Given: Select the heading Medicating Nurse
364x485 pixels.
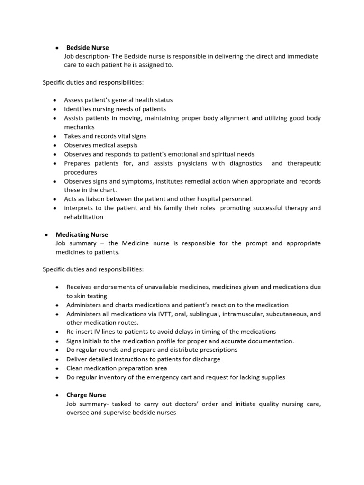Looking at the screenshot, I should [82, 234].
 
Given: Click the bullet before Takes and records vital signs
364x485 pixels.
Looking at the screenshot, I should [55, 136].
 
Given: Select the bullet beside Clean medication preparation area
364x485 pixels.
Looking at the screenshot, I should [57, 368].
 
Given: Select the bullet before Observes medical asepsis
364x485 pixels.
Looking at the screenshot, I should [55, 145].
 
